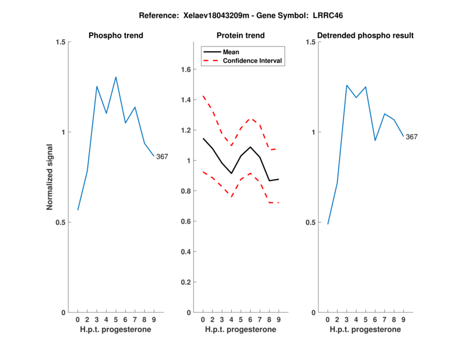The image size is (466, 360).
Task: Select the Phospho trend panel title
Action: (x=116, y=36)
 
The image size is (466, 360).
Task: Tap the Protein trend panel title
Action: (x=241, y=36)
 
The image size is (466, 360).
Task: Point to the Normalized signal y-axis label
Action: (x=50, y=177)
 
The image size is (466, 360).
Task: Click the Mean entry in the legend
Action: (x=231, y=52)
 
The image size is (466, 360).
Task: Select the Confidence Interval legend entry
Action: (x=253, y=61)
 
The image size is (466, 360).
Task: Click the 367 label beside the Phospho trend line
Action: (x=162, y=156)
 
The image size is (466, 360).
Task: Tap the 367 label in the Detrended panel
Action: (x=412, y=137)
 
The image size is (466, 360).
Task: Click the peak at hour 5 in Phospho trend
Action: (x=116, y=77)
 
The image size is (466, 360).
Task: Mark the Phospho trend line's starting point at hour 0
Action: (x=78, y=210)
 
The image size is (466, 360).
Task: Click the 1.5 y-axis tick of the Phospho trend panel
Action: (x=61, y=42)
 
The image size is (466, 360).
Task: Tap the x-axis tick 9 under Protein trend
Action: (x=278, y=319)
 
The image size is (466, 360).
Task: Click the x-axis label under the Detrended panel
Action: (x=365, y=330)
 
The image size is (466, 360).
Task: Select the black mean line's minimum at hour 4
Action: (x=231, y=174)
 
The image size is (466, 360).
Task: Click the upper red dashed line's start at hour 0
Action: (x=203, y=96)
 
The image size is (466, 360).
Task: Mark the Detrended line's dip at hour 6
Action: (x=375, y=140)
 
